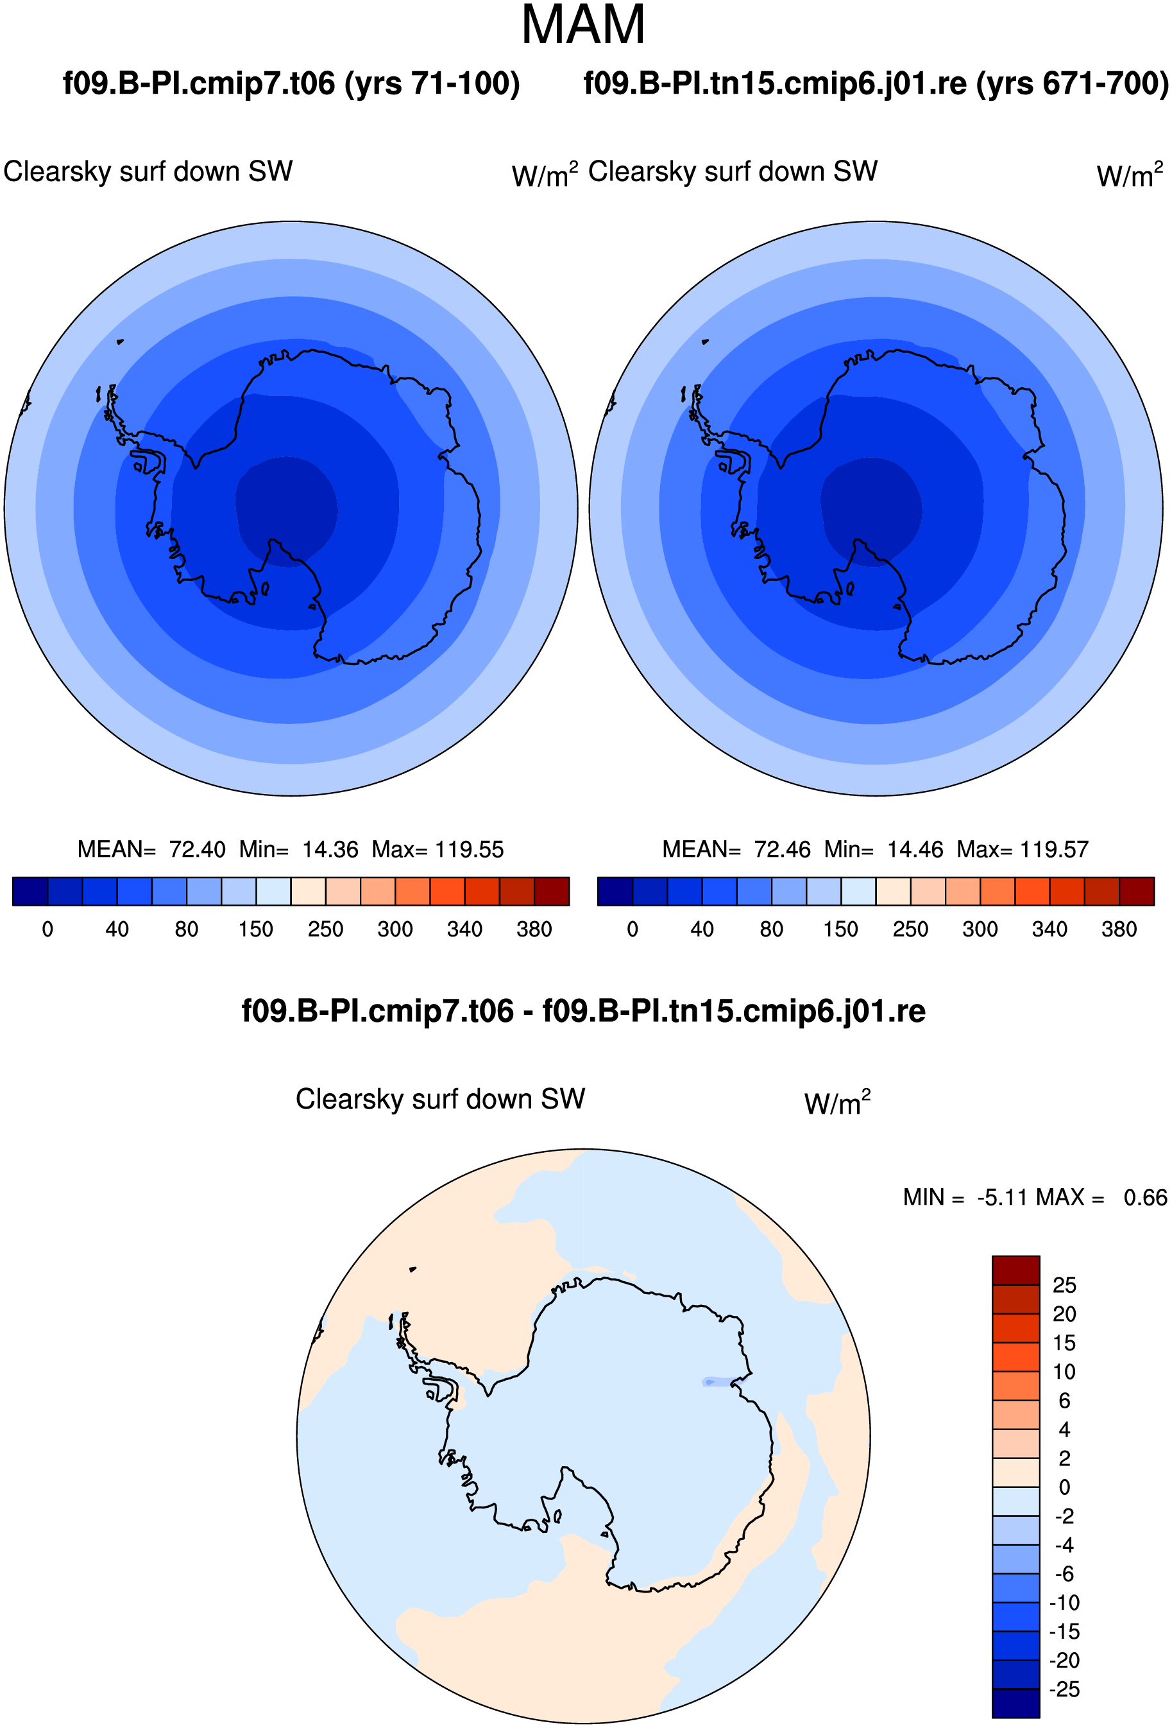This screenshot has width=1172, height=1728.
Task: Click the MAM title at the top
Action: [583, 25]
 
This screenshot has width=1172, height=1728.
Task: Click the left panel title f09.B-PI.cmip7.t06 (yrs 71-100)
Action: [291, 83]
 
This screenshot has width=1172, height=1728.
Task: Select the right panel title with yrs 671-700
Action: [876, 83]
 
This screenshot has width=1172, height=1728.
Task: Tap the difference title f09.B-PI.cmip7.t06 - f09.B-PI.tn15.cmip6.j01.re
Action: [583, 1010]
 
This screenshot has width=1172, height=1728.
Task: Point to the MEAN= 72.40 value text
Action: [151, 849]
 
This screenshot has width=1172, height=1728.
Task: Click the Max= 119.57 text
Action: [1023, 849]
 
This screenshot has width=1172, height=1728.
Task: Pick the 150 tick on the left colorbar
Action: [256, 929]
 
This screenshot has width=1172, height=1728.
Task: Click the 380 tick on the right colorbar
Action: [1119, 929]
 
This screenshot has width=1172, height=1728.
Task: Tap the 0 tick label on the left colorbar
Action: [47, 929]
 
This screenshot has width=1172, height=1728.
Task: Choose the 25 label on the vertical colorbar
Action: [1064, 1285]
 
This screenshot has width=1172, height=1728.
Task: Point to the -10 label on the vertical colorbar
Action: [1064, 1602]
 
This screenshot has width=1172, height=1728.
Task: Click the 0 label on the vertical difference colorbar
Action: [1064, 1487]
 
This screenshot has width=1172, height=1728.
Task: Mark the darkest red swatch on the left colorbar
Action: [552, 892]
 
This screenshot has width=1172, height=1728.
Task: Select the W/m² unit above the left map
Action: [545, 175]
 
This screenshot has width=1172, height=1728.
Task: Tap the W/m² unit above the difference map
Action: [838, 1103]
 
